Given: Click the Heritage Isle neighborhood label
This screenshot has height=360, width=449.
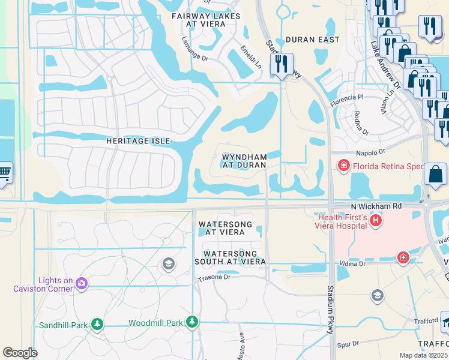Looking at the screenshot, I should pos(138,141).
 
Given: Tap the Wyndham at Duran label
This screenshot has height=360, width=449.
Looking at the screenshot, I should pos(244,161).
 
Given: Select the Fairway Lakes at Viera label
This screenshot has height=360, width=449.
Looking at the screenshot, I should pos(206,20).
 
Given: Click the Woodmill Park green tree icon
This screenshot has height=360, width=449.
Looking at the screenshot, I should pos(192,322).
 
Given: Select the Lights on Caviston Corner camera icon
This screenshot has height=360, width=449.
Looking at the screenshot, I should pos(82,284).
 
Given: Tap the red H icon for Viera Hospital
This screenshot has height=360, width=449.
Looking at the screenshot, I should pos(376,221).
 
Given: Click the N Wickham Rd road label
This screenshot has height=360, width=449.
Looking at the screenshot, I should pos(376,206).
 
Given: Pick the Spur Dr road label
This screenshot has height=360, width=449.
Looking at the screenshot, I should pos(348,344).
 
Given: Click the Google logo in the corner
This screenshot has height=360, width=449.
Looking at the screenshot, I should pos(20,353).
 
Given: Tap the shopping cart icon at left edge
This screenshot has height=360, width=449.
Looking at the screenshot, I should pos(4,173).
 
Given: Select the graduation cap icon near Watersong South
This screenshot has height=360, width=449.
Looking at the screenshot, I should pos(169,264).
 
